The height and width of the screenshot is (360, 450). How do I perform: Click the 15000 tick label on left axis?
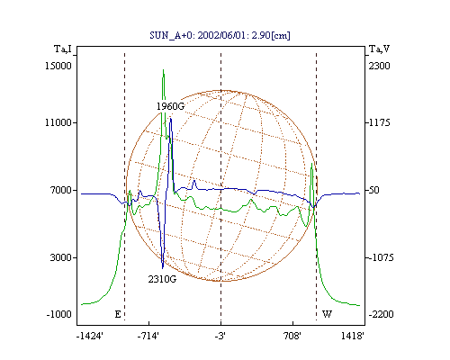point(58,66)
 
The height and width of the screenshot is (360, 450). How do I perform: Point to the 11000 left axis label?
point(58,122)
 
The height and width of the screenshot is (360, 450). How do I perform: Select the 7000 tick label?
point(61,190)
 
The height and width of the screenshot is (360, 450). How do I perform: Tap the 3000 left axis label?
point(61,257)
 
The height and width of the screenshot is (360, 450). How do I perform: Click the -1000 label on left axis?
point(59,314)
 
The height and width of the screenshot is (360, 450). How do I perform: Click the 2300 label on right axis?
point(379,66)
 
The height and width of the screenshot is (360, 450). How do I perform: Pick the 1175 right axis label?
point(379,122)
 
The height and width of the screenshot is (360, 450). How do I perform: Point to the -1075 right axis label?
point(381,257)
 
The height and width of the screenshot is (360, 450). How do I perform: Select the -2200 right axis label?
point(381,314)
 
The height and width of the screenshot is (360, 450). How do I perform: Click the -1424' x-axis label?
point(90,336)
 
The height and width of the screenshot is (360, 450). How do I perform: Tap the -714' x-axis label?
point(148,336)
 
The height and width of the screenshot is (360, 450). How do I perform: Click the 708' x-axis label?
point(292,336)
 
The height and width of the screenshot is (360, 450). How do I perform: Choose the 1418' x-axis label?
point(353,336)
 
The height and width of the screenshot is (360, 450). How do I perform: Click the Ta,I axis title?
point(63,49)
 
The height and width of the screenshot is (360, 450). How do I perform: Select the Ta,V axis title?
point(379,49)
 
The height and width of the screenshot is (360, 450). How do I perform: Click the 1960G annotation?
point(170,106)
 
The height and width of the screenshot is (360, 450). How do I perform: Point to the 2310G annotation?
point(162,279)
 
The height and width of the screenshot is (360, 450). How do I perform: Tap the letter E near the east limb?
point(118,314)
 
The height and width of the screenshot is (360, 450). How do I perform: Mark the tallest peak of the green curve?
point(163,70)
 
